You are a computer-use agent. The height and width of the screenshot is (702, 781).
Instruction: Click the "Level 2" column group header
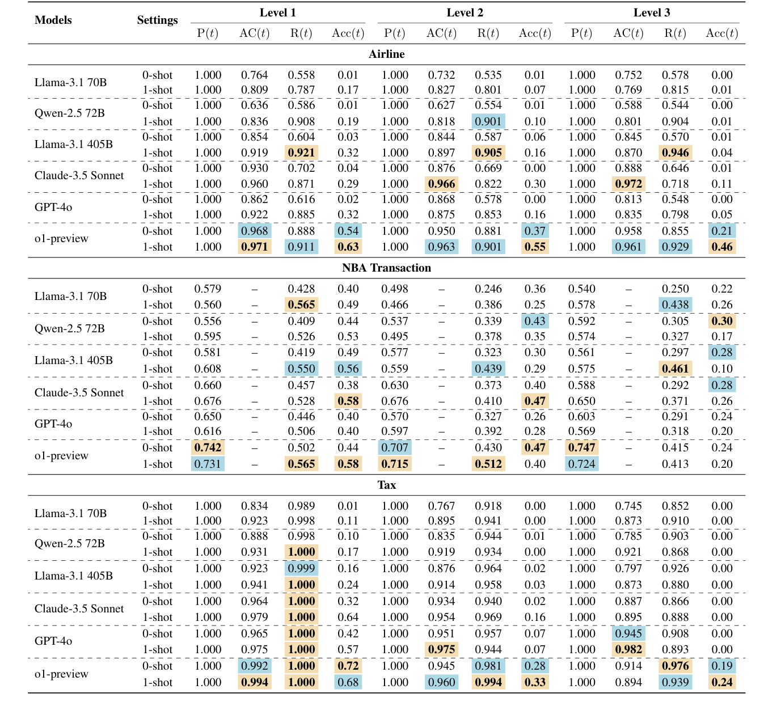point(465,12)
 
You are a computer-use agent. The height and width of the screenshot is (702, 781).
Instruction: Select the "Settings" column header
point(157,20)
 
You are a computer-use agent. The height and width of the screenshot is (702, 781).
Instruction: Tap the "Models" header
point(53,20)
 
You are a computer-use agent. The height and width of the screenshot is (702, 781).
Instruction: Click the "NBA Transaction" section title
point(386,268)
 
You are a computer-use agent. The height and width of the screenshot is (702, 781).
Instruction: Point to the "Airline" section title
point(386,54)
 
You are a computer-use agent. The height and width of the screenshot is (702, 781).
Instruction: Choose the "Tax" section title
point(386,485)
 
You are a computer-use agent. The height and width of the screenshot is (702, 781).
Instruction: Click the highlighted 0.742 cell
point(208,447)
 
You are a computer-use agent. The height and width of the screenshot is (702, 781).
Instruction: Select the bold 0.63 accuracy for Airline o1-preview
point(348,247)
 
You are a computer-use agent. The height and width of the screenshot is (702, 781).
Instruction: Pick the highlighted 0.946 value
point(675,153)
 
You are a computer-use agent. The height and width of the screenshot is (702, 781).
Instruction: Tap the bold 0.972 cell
point(628,184)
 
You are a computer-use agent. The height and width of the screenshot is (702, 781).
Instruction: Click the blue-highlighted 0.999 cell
point(301,568)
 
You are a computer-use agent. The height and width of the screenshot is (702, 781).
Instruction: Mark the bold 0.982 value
point(628,649)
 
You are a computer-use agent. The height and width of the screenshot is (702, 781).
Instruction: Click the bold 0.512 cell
point(488,464)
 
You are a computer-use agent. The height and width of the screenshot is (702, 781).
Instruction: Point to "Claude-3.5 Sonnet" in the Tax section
point(79,608)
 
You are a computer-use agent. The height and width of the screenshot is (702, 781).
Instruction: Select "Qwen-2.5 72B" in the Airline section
point(69,113)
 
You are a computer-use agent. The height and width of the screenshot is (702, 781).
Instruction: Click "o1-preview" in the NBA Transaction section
point(61,455)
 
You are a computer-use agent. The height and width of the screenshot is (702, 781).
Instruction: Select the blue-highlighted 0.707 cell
point(395,447)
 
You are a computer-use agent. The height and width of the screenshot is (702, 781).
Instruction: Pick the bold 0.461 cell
point(675,369)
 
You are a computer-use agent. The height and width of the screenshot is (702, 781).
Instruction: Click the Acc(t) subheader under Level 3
point(721,33)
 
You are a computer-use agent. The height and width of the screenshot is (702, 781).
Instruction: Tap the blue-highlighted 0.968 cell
point(254,231)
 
